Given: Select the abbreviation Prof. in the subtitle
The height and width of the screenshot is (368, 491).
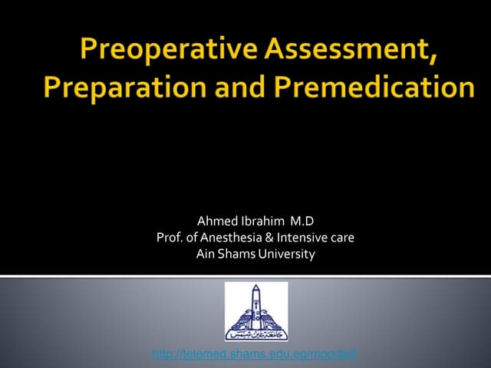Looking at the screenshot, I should pos(170,238).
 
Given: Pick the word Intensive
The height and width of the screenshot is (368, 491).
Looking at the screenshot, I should pos(301,238).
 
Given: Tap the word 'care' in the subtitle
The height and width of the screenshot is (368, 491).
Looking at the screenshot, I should pos(341,238).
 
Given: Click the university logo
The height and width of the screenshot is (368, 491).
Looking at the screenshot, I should pos(255,311).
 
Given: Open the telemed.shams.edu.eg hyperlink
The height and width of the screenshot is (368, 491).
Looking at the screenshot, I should pos(255,354).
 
